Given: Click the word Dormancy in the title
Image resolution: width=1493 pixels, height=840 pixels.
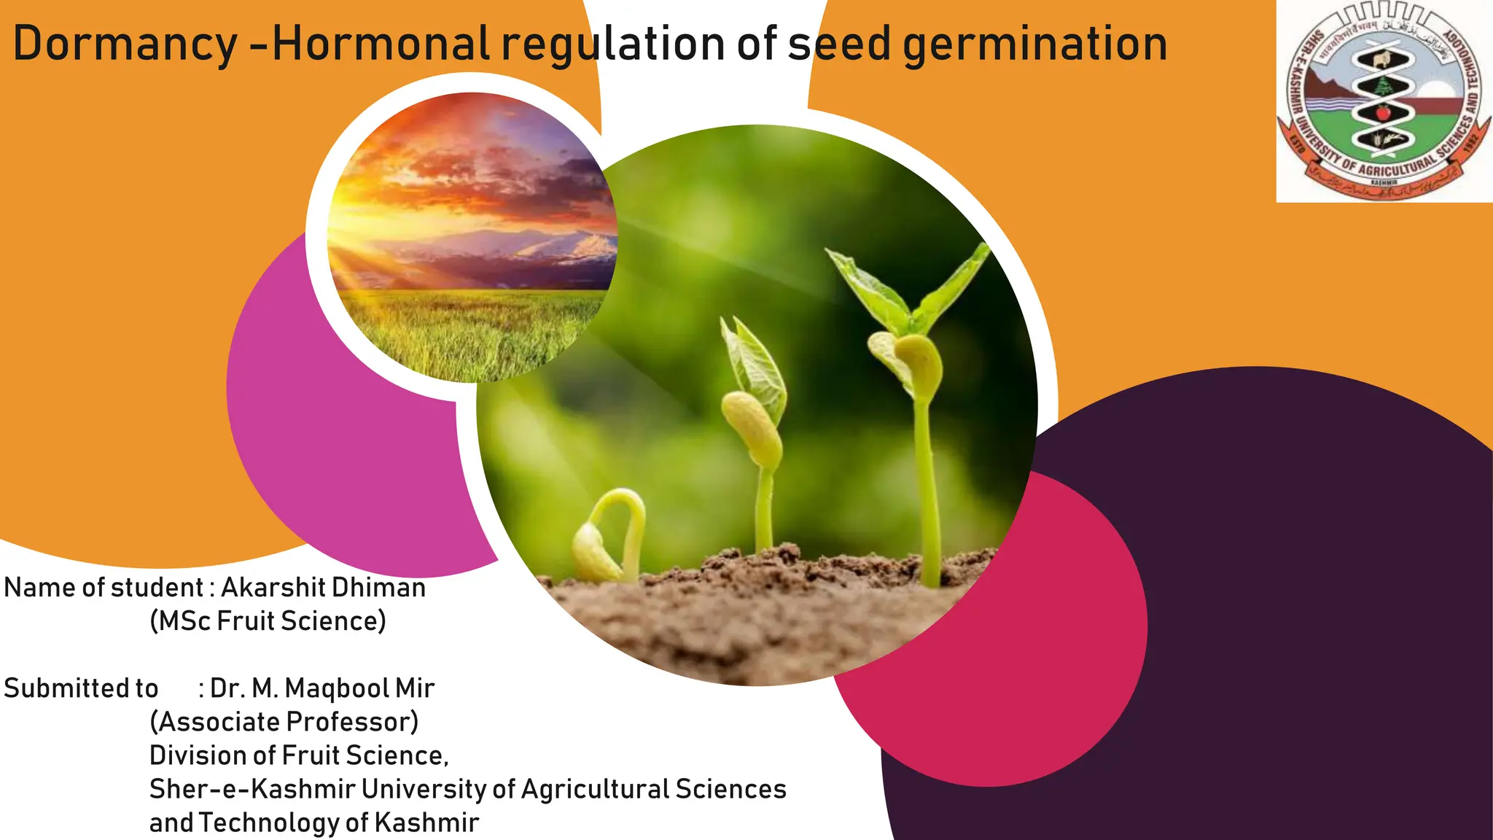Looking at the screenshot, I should pos(125,44).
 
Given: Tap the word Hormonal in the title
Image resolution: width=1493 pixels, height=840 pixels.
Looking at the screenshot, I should pos(381,44).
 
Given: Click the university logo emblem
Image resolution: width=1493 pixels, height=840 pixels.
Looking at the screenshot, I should pos(1384,101).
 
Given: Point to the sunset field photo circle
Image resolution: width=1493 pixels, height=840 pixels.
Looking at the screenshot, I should pos(472,237).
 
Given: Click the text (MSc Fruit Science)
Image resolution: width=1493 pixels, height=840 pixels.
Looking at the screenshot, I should pos(268,621).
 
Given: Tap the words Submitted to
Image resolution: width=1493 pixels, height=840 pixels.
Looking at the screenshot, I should pos(81,688).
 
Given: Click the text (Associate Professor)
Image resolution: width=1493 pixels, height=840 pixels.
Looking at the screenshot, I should pos(284,722).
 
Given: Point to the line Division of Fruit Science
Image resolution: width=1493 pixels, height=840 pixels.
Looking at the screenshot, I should pos(299,755).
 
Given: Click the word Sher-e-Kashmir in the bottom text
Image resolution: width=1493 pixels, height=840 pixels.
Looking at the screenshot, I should pos(252,789).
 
